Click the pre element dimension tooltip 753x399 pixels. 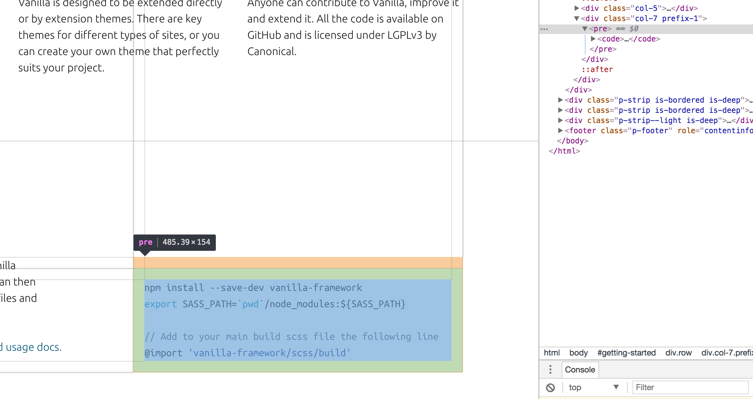[x=174, y=242]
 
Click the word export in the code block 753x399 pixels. [x=161, y=304]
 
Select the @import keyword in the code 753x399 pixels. [x=163, y=353]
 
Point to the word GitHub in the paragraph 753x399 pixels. [x=264, y=35]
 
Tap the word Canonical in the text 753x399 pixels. [x=271, y=52]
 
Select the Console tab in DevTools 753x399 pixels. [x=580, y=370]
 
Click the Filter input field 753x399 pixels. [x=690, y=387]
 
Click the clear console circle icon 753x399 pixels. [x=550, y=387]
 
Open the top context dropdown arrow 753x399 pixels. [x=616, y=387]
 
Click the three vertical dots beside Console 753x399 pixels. [x=550, y=370]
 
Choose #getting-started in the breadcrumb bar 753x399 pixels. [x=626, y=353]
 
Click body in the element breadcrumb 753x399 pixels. [x=578, y=353]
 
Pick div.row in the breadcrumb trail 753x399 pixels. [x=678, y=353]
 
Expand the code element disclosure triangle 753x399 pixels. [x=593, y=39]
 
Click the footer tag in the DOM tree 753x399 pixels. [x=582, y=131]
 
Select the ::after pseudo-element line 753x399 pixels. [x=597, y=70]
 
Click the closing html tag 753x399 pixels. [x=564, y=151]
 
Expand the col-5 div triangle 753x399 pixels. [x=577, y=8]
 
